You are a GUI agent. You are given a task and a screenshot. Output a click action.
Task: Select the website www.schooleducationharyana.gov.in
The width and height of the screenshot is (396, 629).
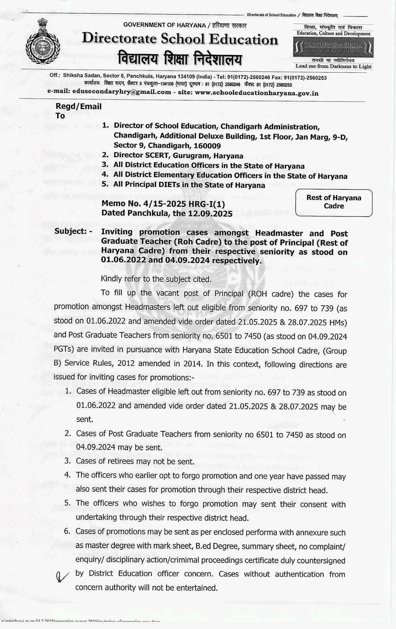256,93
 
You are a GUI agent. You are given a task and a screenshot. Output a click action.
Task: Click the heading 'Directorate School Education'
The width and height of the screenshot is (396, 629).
180,39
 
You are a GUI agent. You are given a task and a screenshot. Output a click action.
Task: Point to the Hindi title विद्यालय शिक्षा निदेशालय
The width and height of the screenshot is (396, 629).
180,58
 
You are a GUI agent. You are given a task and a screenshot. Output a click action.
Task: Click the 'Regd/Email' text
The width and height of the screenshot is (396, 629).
78,107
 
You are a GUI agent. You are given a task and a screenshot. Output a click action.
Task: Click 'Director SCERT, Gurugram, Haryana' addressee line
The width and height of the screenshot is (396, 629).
178,156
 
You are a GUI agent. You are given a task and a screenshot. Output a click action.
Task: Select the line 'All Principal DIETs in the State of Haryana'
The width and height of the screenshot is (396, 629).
189,185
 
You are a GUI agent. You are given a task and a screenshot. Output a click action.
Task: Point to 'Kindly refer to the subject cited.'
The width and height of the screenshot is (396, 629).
156,279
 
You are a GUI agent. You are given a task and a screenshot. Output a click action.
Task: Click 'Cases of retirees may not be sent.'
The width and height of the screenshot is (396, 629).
135,461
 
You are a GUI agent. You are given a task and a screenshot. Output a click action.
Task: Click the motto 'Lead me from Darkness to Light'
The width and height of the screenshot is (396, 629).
333,66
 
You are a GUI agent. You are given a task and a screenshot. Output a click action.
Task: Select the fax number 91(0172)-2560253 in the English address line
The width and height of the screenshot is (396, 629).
303,78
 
